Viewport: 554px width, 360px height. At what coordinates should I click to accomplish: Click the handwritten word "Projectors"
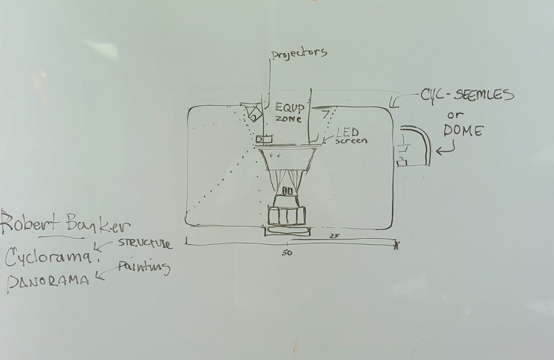pyautogui.click(x=299, y=54)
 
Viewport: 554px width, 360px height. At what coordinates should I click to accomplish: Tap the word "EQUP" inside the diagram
pyautogui.click(x=290, y=108)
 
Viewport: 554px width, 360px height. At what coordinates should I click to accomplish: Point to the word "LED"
pyautogui.click(x=348, y=132)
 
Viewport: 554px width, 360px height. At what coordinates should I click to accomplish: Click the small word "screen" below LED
pyautogui.click(x=351, y=140)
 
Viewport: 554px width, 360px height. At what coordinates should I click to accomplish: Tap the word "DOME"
pyautogui.click(x=463, y=131)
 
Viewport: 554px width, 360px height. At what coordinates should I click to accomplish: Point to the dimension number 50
pyautogui.click(x=287, y=253)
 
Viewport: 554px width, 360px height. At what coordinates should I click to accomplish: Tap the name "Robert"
pyautogui.click(x=28, y=224)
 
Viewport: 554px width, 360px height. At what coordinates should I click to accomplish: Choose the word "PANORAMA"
pyautogui.click(x=48, y=281)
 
